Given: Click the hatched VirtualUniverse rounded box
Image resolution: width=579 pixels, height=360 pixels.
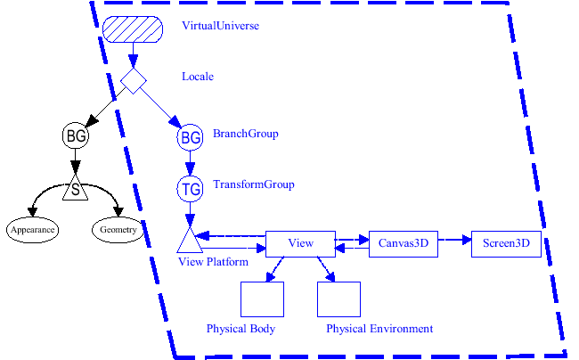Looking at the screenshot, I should pyautogui.click(x=133, y=29).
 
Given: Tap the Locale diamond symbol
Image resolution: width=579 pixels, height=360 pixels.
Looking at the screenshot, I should pyautogui.click(x=134, y=81).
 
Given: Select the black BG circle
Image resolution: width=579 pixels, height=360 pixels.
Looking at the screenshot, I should pyautogui.click(x=75, y=136).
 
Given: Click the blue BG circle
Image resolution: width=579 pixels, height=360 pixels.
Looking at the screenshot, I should pyautogui.click(x=191, y=137).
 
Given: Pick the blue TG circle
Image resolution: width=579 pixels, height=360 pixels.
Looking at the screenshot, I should pyautogui.click(x=191, y=188).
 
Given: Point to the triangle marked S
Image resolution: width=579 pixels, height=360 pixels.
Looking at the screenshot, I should pyautogui.click(x=75, y=191).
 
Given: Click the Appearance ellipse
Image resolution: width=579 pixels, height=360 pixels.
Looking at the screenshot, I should pyautogui.click(x=33, y=230).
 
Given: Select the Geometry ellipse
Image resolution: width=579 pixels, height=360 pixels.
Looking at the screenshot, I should pyautogui.click(x=118, y=230).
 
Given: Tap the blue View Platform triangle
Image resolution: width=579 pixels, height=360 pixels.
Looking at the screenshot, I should pyautogui.click(x=189, y=241).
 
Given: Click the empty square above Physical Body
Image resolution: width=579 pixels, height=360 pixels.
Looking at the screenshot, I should pyautogui.click(x=262, y=299).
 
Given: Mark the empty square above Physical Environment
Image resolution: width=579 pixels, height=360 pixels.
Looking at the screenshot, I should pyautogui.click(x=338, y=299).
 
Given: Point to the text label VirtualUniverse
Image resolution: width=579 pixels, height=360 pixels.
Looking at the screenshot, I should pyautogui.click(x=220, y=26).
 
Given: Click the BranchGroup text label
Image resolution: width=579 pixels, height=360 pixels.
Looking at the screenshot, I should pyautogui.click(x=246, y=134).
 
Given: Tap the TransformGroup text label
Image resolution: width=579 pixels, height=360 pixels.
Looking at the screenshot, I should pyautogui.click(x=253, y=184).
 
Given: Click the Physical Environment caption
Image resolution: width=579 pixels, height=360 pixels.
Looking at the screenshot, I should pyautogui.click(x=379, y=329).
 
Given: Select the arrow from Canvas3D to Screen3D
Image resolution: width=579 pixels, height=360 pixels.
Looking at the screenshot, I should pyautogui.click(x=454, y=240).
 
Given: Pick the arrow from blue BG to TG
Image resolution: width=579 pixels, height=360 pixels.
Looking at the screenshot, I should pyautogui.click(x=190, y=163).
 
